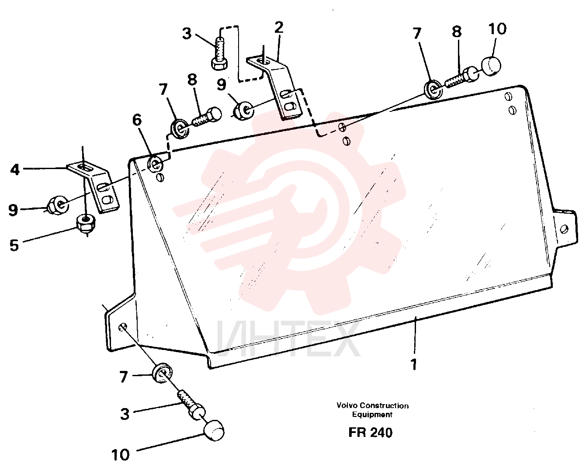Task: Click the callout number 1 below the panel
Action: tap(414, 364)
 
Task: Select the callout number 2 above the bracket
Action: tap(279, 28)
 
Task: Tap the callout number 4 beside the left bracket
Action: tap(15, 170)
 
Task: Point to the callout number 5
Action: tap(14, 245)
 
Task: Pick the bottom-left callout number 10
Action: tap(121, 454)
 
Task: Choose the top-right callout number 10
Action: tap(497, 29)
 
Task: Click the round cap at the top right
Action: tap(491, 66)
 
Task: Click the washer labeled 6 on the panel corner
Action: tap(156, 163)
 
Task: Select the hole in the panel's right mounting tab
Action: tap(565, 229)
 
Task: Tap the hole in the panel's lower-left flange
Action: tap(123, 327)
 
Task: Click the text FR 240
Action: tap(371, 432)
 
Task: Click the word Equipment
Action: tap(372, 415)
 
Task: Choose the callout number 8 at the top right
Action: tap(457, 32)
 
